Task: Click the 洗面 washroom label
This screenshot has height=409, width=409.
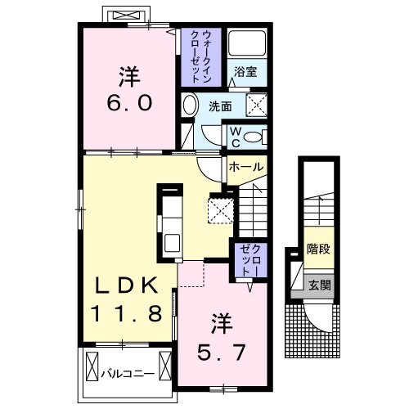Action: click(219, 106)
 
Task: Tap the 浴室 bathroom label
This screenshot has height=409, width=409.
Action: click(245, 72)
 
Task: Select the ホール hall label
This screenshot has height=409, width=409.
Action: click(246, 167)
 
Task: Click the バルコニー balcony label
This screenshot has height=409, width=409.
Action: click(128, 374)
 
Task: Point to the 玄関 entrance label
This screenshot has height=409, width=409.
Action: click(320, 285)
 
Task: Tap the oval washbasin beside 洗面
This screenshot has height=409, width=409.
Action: click(189, 106)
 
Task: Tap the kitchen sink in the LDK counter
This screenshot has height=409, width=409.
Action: click(173, 243)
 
